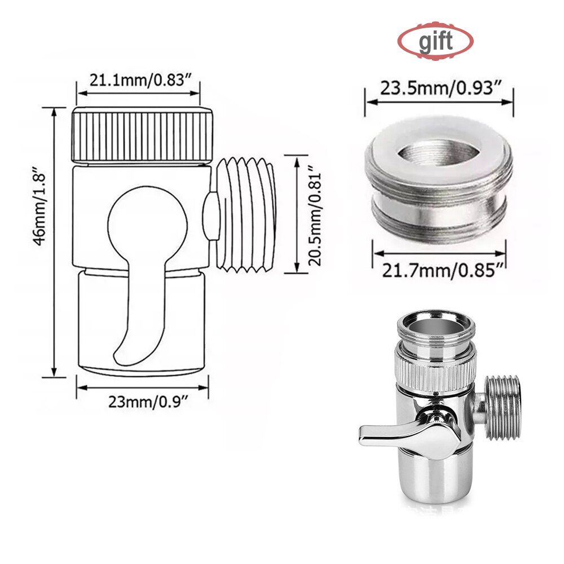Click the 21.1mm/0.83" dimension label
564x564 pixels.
(x=139, y=80)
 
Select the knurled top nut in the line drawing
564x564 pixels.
(x=143, y=135)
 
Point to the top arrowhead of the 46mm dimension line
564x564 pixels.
(x=55, y=111)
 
